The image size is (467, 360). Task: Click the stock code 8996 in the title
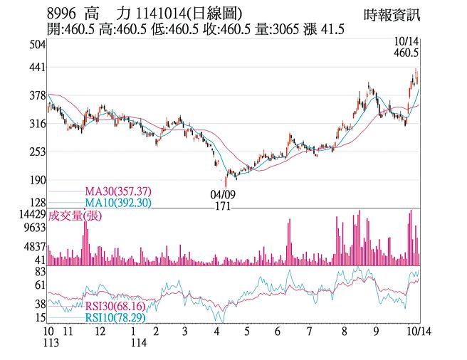pyautogui.click(x=61, y=13)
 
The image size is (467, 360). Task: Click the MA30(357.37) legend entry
pyautogui.click(x=117, y=191)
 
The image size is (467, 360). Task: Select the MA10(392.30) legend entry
pyautogui.click(x=117, y=203)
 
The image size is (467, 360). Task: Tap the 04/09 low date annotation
pyautogui.click(x=223, y=194)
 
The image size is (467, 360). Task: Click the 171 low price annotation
pyautogui.click(x=223, y=206)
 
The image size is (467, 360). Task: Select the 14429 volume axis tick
pyautogui.click(x=33, y=214)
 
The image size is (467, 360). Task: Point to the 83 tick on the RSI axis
pyautogui.click(x=41, y=271)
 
